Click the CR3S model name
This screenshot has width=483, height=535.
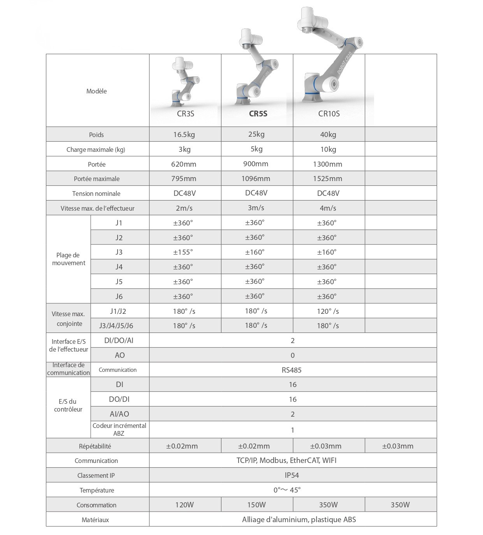click(185, 114)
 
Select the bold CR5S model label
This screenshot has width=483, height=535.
click(258, 114)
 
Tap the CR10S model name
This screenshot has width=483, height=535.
click(329, 114)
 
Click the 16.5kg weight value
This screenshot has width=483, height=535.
click(184, 135)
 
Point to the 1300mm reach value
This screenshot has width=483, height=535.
click(327, 164)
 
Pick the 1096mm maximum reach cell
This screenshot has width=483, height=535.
click(256, 179)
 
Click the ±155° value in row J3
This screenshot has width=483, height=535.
click(183, 252)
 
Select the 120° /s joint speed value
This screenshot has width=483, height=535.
click(328, 311)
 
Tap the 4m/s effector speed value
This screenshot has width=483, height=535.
click(328, 208)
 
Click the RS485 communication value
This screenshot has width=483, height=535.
click(292, 370)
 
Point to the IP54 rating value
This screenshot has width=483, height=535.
click(292, 475)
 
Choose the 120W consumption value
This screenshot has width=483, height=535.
click(184, 505)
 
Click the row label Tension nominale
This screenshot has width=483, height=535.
click(96, 194)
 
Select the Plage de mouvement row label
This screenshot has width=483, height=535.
click(68, 259)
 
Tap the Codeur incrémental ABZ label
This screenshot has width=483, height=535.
click(119, 429)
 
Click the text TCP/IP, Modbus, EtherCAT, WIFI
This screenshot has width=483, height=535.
click(286, 461)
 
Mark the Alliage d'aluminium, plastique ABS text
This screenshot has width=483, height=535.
click(299, 520)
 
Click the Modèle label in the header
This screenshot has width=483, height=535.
click(97, 91)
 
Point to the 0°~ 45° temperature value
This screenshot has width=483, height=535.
click(287, 490)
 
